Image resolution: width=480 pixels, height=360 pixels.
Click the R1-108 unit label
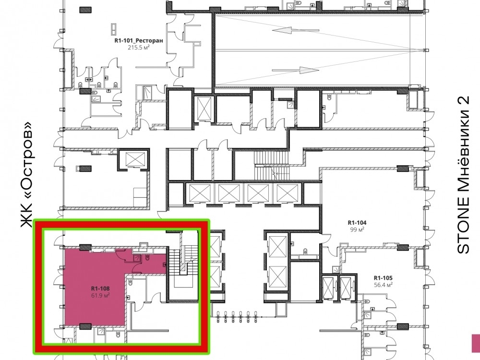(100, 288)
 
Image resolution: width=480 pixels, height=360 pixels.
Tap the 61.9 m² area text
(100, 295)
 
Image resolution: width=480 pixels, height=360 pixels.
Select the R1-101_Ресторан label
(139, 40)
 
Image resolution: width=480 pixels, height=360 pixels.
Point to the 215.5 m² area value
(139, 48)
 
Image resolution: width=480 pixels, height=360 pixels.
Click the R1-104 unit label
(357, 223)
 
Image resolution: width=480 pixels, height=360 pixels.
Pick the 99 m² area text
(357, 229)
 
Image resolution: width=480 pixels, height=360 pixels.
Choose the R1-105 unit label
(383, 278)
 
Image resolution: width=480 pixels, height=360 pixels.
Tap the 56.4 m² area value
(383, 285)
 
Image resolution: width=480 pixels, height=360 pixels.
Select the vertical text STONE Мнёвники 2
(463, 175)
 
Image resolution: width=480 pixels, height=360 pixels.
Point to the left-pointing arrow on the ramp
(295, 30)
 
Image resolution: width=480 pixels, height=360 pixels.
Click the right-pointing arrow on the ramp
(295, 70)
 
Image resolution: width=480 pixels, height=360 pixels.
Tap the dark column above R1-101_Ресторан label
(86, 10)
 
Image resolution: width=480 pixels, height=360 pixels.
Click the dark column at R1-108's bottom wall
(85, 326)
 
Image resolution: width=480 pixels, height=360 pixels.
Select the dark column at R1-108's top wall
(85, 247)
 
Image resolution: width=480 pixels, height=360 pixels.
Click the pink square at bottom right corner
(476, 343)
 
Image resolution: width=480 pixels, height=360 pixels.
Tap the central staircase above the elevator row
(271, 165)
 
